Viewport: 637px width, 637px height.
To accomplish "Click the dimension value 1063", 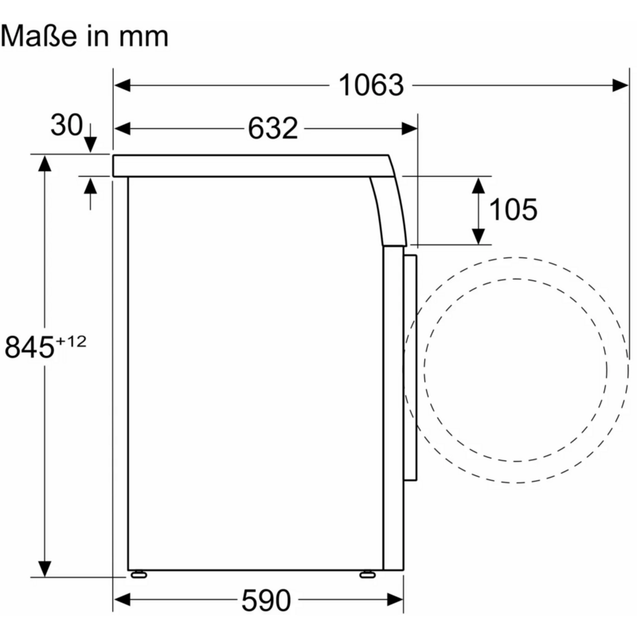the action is [x=371, y=85].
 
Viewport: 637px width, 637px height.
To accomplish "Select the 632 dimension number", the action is [x=272, y=128].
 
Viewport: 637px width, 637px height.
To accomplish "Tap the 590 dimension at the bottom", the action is [x=266, y=600].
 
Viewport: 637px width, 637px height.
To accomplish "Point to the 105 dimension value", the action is [x=513, y=209].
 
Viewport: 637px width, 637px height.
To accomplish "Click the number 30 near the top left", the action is [x=66, y=125].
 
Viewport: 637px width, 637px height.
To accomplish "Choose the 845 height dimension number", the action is [x=29, y=346].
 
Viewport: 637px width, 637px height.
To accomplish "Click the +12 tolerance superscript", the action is [x=71, y=342].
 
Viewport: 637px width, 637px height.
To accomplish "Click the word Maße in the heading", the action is [x=38, y=36].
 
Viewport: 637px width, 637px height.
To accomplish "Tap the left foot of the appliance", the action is [x=139, y=574].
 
